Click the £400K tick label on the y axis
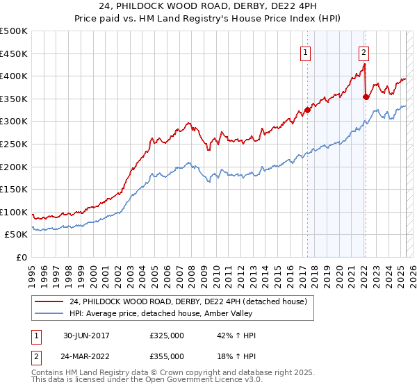[14, 76]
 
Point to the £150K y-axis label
[14, 189]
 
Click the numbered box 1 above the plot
[306, 51]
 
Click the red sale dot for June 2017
[307, 110]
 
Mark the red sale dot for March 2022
[366, 97]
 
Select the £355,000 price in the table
[167, 356]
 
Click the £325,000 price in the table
[167, 336]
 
